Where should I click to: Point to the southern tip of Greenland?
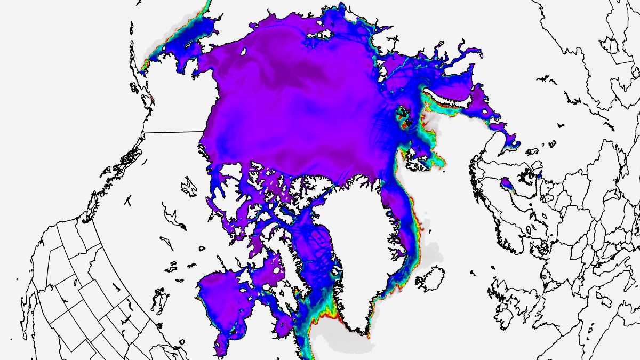point(367,334)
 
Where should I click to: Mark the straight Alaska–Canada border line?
point(173,131)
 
